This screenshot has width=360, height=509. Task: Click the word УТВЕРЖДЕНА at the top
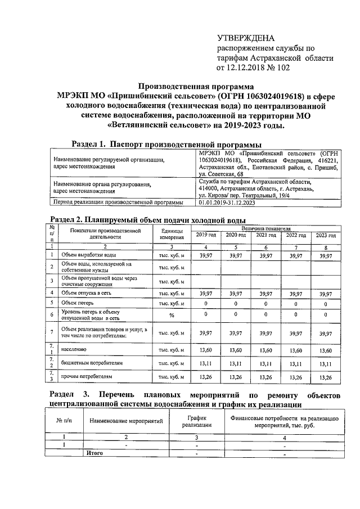point(246,38)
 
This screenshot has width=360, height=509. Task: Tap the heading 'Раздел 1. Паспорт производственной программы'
point(168,145)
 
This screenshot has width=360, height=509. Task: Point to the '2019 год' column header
point(206,235)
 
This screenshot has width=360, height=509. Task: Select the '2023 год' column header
point(326,235)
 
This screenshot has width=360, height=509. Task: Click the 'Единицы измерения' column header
point(172,235)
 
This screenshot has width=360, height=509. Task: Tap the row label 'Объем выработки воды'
point(85,255)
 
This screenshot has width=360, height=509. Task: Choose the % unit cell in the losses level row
point(172,315)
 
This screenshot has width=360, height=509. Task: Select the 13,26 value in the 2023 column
point(326,376)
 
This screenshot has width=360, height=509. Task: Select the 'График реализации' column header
point(197,421)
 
